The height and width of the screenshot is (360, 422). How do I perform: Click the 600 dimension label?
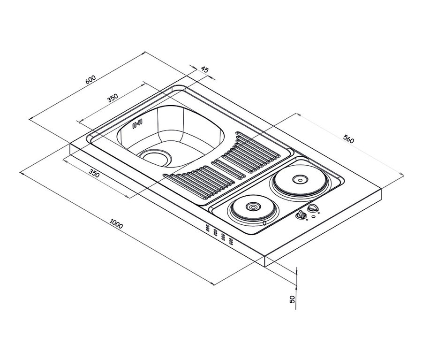(90, 79)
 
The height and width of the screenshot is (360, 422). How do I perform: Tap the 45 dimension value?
(205, 70)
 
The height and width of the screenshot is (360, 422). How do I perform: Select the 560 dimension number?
(349, 139)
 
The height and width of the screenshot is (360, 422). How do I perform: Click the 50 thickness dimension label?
(292, 299)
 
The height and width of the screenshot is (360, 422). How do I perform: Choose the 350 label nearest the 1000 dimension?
(94, 174)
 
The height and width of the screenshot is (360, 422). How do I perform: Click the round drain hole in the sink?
(155, 157)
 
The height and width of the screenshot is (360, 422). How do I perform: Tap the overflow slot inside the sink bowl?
(137, 123)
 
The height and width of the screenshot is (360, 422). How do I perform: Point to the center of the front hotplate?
(253, 207)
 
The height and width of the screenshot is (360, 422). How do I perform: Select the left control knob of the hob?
(301, 215)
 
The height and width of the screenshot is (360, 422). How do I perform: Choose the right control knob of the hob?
(313, 208)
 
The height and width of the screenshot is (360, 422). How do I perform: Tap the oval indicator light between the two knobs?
(313, 216)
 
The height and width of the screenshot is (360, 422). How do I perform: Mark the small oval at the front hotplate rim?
(264, 222)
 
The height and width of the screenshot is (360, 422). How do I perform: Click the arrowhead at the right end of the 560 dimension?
(402, 174)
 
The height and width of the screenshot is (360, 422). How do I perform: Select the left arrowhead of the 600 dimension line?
(30, 119)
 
